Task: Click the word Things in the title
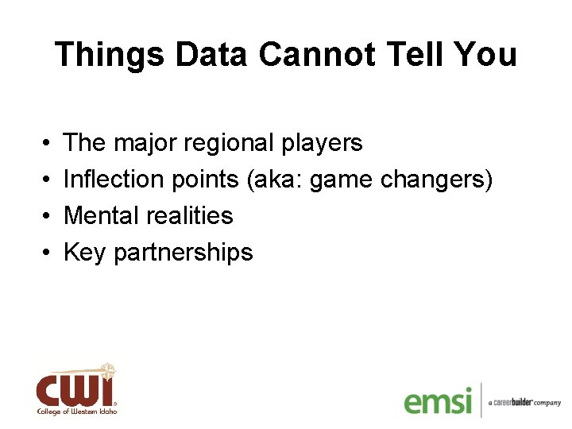click(109, 55)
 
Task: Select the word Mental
click(102, 215)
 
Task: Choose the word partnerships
click(184, 253)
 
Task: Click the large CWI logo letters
click(75, 389)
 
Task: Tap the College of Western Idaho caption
click(76, 412)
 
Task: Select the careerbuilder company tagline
click(524, 403)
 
